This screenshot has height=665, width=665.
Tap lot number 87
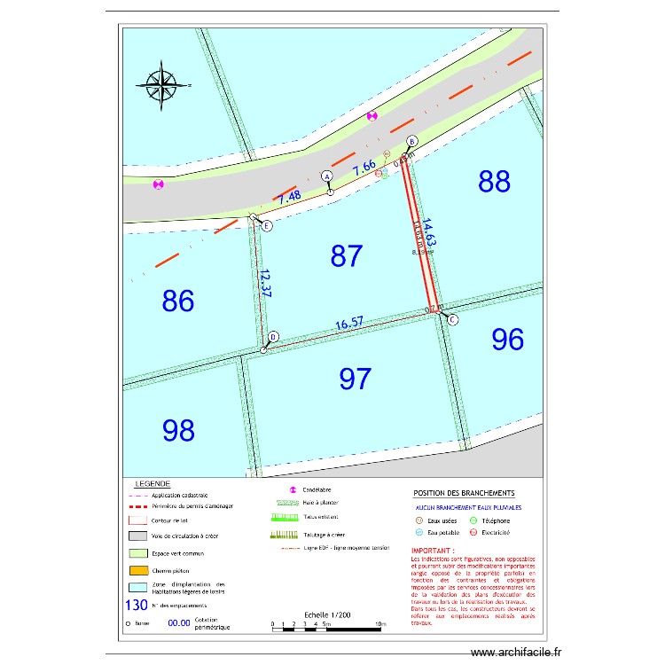tap(347, 256)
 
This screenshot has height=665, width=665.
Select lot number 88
tap(495, 182)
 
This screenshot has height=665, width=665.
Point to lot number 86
tap(178, 301)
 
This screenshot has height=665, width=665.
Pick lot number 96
tap(508, 339)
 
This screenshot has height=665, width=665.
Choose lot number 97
tap(356, 379)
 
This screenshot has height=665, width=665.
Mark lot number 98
tap(178, 431)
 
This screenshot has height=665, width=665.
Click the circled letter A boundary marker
tap(326, 176)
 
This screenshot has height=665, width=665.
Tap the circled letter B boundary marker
tap(411, 142)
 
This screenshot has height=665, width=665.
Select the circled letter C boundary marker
tap(452, 320)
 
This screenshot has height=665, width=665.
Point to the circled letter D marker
tap(273, 337)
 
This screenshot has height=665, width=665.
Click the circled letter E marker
tap(267, 225)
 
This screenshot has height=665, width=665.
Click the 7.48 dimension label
tap(290, 199)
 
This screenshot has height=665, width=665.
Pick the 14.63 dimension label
tap(429, 233)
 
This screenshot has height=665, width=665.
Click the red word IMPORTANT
tap(434, 551)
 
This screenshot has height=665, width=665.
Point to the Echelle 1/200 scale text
tap(327, 614)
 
